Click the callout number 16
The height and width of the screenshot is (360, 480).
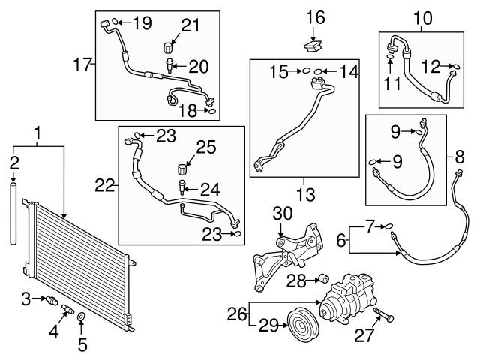click(316, 17)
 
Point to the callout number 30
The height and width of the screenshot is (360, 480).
click(283, 213)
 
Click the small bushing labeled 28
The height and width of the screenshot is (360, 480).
click(322, 280)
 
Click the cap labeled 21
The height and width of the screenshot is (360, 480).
click(170, 48)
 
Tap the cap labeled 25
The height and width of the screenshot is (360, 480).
click(182, 165)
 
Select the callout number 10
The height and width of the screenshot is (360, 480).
click(423, 16)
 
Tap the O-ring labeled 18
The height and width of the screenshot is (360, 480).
click(211, 111)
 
